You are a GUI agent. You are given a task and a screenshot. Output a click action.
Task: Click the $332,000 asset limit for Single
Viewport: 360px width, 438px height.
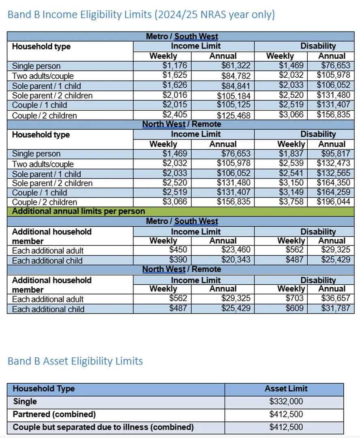pyautogui.click(x=286, y=402)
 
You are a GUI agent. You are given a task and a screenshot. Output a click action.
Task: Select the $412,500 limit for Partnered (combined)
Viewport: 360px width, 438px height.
pyautogui.click(x=286, y=414)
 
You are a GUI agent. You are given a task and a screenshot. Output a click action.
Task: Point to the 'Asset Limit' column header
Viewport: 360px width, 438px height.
pyautogui.click(x=286, y=389)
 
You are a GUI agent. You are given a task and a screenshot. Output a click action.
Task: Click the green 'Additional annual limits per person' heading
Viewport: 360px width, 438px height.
pyautogui.click(x=79, y=211)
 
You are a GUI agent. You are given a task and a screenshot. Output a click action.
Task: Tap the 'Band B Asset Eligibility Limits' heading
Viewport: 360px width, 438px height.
pyautogui.click(x=75, y=361)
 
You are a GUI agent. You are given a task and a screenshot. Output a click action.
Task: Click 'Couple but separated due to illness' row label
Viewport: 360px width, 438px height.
pyautogui.click(x=103, y=427)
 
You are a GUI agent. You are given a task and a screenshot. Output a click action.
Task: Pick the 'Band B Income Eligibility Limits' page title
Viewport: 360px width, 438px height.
pyautogui.click(x=141, y=15)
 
